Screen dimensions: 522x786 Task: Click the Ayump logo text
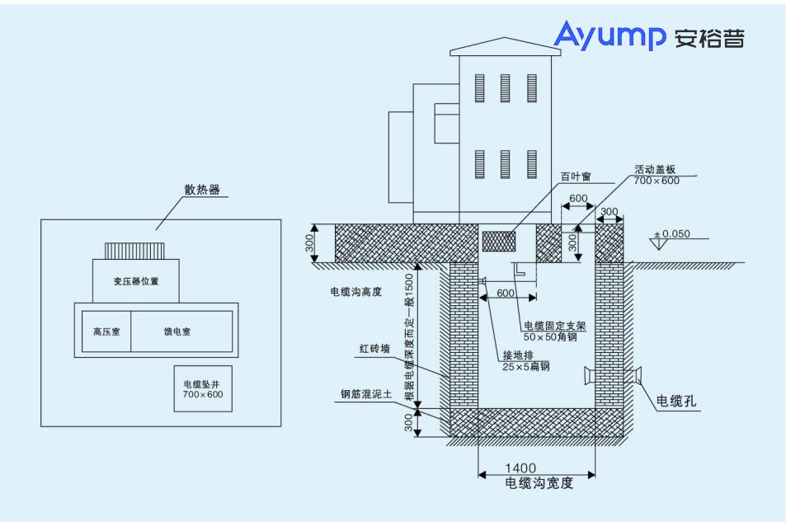610,36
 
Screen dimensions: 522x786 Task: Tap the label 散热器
202,189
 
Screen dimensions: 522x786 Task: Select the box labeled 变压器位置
136,281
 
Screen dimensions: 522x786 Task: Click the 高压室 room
106,332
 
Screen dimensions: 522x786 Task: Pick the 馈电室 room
176,332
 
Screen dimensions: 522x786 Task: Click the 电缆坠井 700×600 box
203,389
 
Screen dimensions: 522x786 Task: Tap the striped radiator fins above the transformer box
135,250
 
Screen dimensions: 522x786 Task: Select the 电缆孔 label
676,402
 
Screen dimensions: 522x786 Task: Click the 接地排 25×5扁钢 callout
525,360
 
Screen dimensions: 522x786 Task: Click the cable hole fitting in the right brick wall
611,376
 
